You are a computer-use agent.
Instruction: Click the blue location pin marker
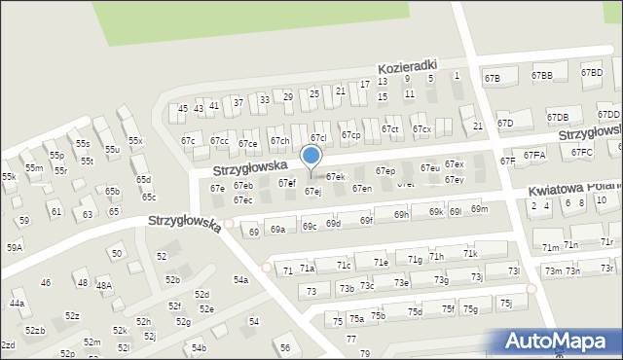(x=311, y=157)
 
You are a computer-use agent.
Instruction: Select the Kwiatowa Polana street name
(x=574, y=186)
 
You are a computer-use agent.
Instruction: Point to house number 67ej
(x=312, y=192)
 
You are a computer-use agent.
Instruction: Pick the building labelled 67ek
(x=336, y=177)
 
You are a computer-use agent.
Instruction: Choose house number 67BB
(x=541, y=76)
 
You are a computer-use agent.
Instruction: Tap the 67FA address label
(x=534, y=156)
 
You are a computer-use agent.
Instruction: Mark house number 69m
(x=479, y=209)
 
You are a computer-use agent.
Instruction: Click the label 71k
(x=470, y=254)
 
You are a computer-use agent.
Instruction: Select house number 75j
(x=505, y=304)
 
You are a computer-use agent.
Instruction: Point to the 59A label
(x=15, y=248)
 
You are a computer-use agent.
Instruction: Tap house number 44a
(x=17, y=304)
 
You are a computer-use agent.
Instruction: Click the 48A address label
(x=103, y=286)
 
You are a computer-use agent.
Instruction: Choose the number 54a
(x=240, y=280)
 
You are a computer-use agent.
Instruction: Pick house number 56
(x=284, y=347)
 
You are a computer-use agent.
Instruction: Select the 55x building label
(x=135, y=142)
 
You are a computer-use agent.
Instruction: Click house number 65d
(x=144, y=180)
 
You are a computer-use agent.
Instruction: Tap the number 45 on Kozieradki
(x=182, y=109)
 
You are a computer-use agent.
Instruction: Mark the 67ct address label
(x=390, y=129)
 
